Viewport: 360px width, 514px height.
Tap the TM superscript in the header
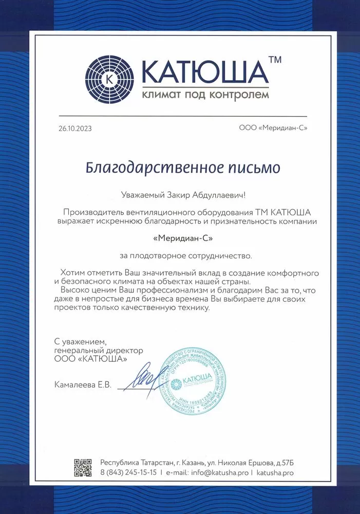tap(275, 60)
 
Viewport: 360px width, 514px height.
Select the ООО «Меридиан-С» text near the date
tap(273, 128)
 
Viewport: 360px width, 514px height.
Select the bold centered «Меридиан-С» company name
tap(183, 238)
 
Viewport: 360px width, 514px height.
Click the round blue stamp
tap(194, 382)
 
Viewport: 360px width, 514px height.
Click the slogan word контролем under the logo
tap(240, 95)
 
